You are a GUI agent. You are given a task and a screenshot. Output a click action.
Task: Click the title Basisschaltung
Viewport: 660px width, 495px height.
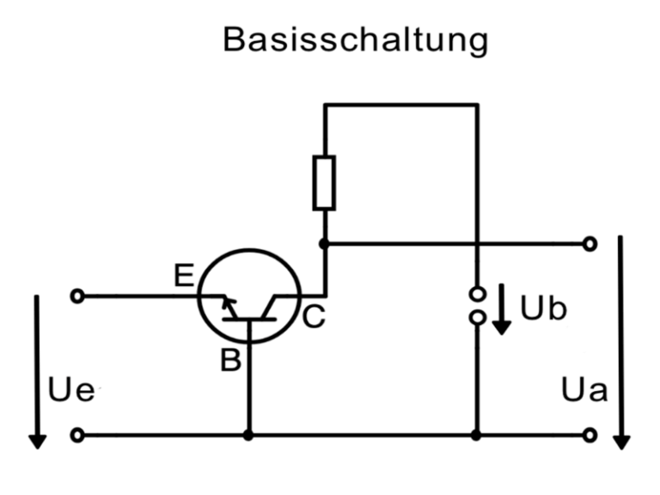pos(355,40)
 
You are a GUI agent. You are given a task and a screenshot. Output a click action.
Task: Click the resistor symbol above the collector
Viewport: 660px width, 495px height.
pos(324,183)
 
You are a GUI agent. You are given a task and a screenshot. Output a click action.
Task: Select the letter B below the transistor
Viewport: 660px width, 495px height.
pos(229,360)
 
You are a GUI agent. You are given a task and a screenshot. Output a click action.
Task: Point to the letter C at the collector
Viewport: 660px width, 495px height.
pos(314,318)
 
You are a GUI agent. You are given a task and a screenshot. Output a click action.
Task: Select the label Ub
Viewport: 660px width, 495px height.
pos(544,309)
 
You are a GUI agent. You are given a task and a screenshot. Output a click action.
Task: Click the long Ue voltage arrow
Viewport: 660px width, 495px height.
pos(37,370)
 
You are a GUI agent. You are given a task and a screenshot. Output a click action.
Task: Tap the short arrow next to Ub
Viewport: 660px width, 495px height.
pos(504,315)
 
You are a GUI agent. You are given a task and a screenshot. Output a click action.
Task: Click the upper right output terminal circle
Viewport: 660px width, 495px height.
pos(589,244)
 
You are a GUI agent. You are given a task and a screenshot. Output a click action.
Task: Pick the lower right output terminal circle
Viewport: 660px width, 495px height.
pos(589,436)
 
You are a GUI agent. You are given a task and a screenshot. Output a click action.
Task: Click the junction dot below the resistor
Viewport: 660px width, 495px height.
pos(324,244)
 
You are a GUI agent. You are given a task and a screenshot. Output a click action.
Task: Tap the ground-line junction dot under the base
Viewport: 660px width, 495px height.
pos(249,436)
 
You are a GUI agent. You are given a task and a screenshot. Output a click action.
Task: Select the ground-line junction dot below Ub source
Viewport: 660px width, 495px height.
pos(476,436)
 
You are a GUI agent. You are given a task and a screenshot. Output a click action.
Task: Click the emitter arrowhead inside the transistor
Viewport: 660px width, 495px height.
pos(227,302)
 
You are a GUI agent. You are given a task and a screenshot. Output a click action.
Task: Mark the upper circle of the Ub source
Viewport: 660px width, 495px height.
pos(476,295)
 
